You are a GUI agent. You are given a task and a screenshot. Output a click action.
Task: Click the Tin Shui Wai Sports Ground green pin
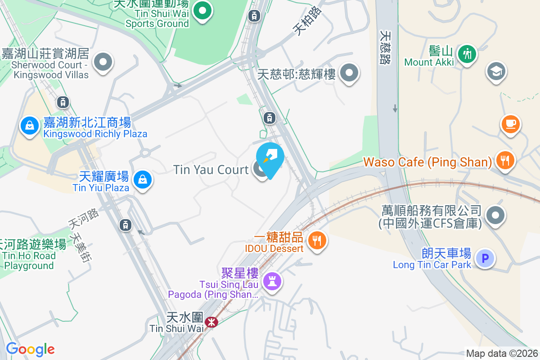coord(203,10)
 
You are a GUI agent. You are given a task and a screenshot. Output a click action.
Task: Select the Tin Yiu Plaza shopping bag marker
coord(142,180)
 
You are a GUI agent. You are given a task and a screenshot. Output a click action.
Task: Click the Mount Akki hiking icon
coord(467,54)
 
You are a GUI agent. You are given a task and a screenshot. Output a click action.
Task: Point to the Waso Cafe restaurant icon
coord(505,159)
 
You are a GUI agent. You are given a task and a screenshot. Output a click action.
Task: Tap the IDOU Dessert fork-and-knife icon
coord(317,240)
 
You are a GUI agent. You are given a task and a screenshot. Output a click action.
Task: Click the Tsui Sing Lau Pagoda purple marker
coord(272,281)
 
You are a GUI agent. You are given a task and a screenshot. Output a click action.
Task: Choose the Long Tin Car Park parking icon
coord(485,258)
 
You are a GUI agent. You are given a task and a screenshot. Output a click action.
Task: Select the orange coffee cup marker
coord(510,124)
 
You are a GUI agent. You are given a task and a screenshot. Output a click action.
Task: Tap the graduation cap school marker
coord(496,71)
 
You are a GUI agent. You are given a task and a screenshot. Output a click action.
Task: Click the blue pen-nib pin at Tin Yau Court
coord(270,157)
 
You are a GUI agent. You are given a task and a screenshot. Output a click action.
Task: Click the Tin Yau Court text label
coord(211,170)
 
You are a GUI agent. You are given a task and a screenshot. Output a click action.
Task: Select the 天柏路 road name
coord(308,21)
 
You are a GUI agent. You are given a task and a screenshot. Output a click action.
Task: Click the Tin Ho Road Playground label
coord(30,261)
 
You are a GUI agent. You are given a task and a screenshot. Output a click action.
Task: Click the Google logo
coord(30,349)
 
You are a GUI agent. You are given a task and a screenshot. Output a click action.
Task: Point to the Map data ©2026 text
coord(502,354)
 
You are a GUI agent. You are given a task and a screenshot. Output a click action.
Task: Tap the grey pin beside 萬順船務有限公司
coord(496,216)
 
